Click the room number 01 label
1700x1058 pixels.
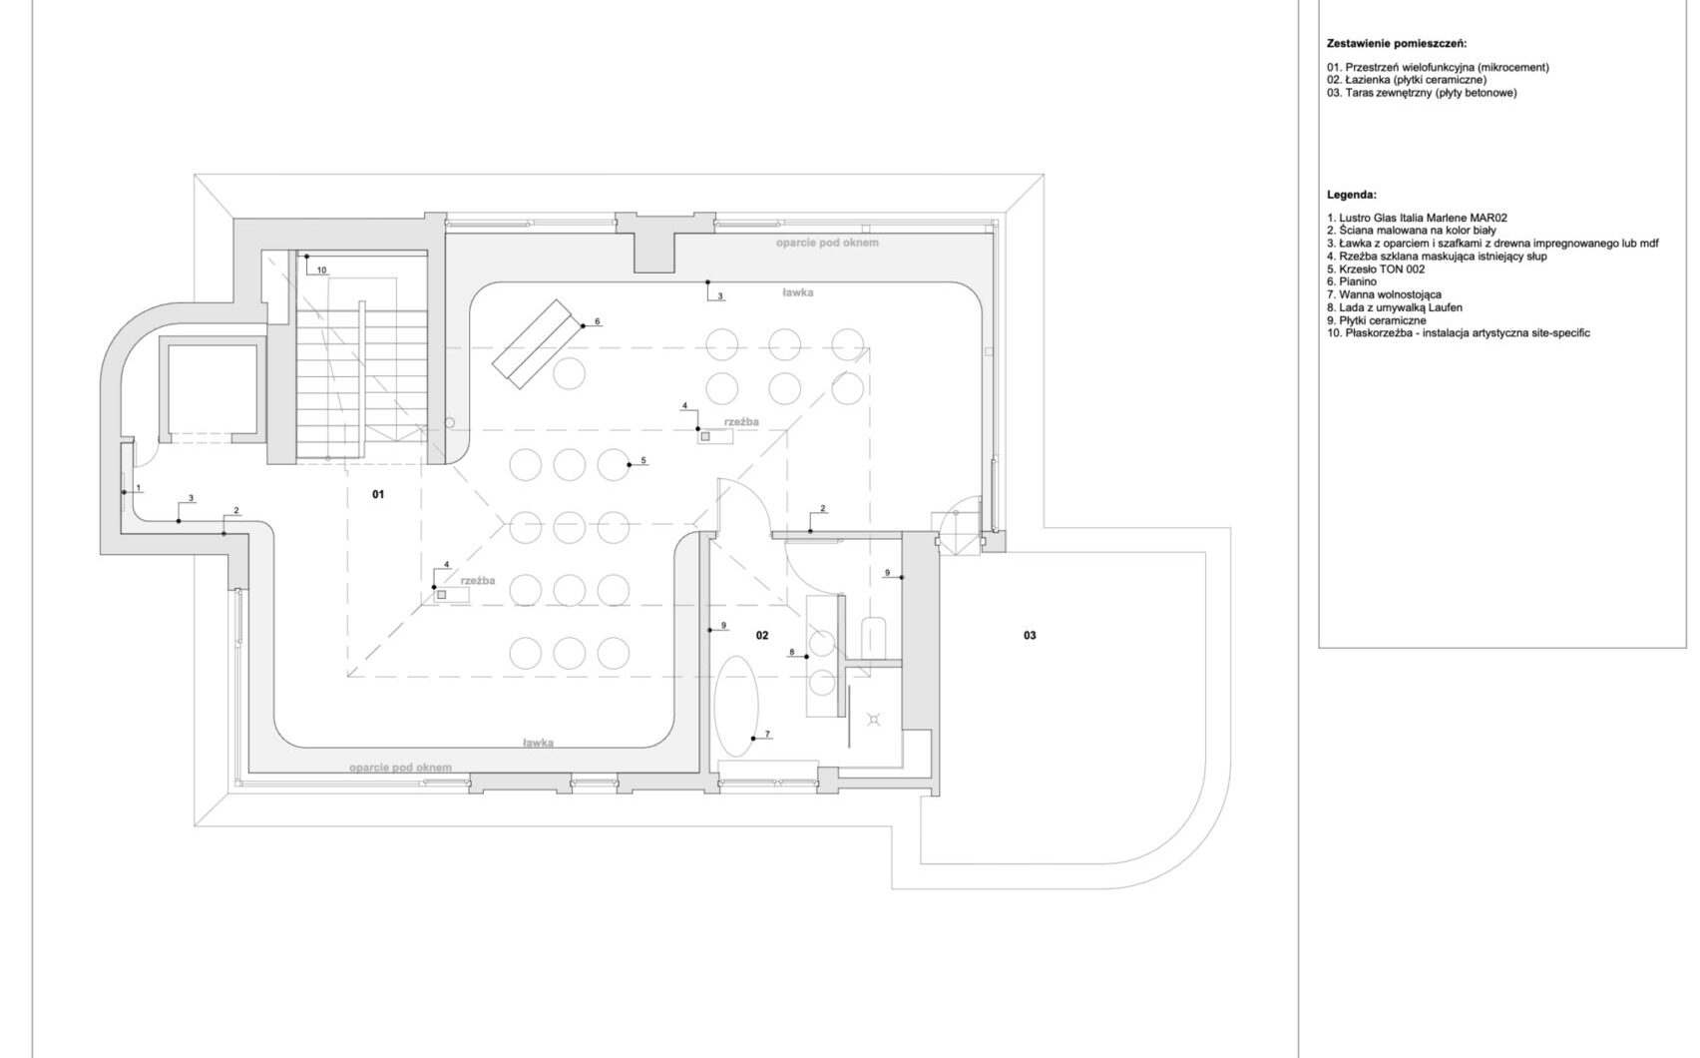(378, 494)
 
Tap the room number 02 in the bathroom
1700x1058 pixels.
(762, 635)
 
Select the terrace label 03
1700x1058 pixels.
(1030, 635)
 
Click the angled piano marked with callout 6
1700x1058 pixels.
(533, 344)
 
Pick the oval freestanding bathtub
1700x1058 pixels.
(737, 707)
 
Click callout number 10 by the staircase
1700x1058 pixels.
(322, 270)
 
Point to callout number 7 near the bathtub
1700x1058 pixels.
(767, 734)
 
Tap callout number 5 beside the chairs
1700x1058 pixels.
(642, 460)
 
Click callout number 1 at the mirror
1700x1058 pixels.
(138, 488)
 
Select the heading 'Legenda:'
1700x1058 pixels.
(1352, 196)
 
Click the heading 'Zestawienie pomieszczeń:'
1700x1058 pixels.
(1397, 44)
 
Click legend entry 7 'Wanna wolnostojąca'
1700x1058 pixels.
(1384, 294)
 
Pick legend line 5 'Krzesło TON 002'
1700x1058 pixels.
(1375, 268)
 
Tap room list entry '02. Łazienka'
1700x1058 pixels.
(1407, 80)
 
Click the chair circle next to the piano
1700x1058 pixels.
(569, 373)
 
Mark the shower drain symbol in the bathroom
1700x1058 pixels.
(874, 719)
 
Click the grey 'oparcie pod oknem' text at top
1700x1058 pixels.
(826, 244)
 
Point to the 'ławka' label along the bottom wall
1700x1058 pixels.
(538, 743)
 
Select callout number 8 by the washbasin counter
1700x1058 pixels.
(791, 652)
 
